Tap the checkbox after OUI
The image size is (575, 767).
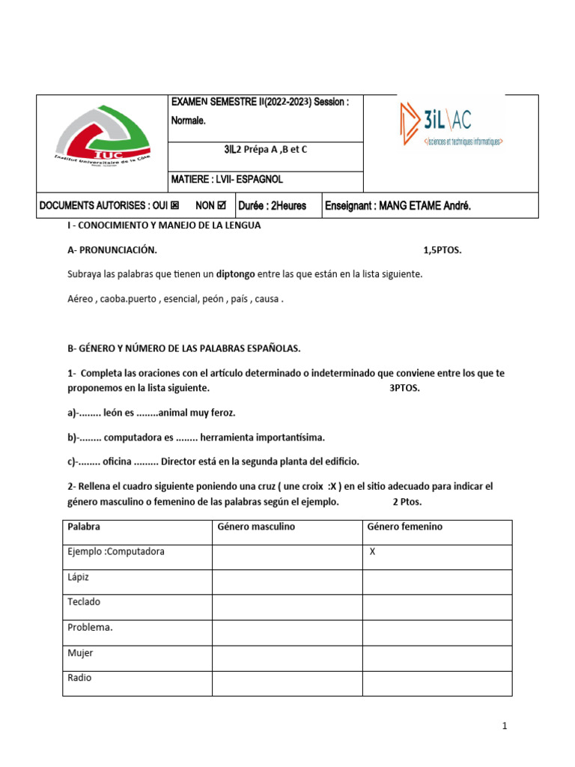tap(174, 205)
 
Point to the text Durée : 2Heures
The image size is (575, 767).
tap(273, 205)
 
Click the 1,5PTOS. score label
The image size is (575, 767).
tap(442, 250)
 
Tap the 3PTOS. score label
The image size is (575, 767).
tap(405, 388)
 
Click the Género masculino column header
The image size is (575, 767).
tap(256, 527)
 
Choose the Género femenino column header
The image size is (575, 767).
tap(405, 527)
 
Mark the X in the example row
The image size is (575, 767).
tap(373, 552)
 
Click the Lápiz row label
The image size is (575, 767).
tap(79, 577)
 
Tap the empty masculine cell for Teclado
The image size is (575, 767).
tap(287, 603)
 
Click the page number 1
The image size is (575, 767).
tap(505, 726)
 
